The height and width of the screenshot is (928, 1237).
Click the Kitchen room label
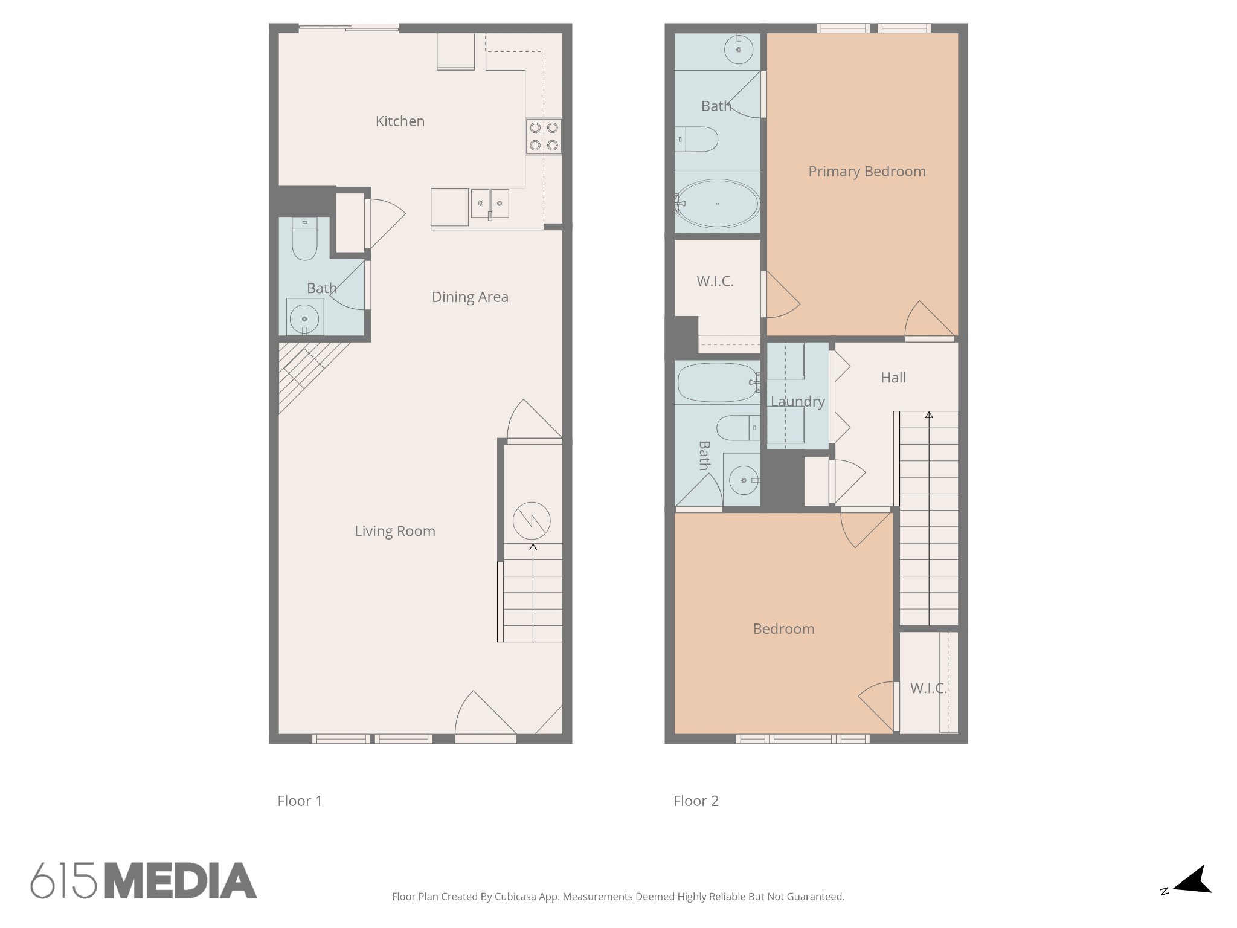pyautogui.click(x=400, y=121)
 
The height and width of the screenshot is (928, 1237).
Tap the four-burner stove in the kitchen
pyautogui.click(x=544, y=137)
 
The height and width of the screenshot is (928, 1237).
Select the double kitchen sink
pyautogui.click(x=490, y=203)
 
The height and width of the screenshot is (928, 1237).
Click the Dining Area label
pyautogui.click(x=470, y=297)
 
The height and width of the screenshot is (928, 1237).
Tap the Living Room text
pyautogui.click(x=394, y=531)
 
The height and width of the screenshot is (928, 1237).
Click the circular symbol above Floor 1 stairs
pyautogui.click(x=532, y=520)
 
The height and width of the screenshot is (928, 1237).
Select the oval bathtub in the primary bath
pyautogui.click(x=717, y=204)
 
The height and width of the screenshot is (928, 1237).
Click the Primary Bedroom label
pyautogui.click(x=867, y=172)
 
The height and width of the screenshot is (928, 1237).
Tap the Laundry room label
pyautogui.click(x=797, y=402)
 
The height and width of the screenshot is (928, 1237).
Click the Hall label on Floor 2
pyautogui.click(x=893, y=378)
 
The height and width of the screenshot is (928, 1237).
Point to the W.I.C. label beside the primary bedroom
pyautogui.click(x=715, y=282)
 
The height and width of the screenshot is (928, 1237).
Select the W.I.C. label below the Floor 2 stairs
pyautogui.click(x=928, y=688)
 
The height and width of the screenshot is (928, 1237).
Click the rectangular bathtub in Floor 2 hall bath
pyautogui.click(x=717, y=382)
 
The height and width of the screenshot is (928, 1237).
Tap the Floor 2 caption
pyautogui.click(x=696, y=801)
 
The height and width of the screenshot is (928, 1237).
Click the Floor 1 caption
pyautogui.click(x=300, y=801)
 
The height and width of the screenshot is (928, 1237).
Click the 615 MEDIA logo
pyautogui.click(x=144, y=880)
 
